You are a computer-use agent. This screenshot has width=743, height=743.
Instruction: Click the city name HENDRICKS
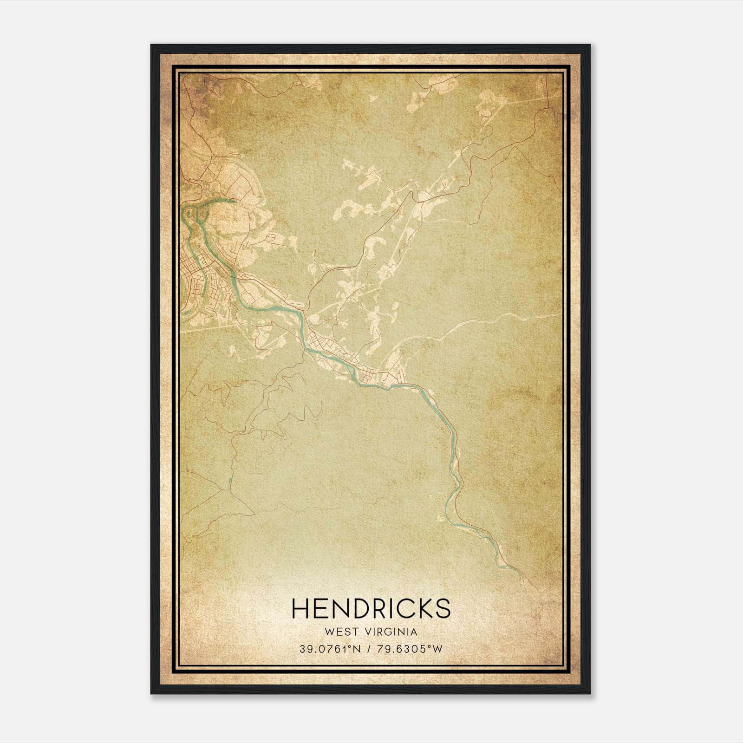pos(371,608)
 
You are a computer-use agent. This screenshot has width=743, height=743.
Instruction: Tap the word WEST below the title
pos(342,632)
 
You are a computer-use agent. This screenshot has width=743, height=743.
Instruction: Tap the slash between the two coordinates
pos(369,649)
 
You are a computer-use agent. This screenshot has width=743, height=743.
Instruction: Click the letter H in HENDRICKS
pos(300,608)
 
